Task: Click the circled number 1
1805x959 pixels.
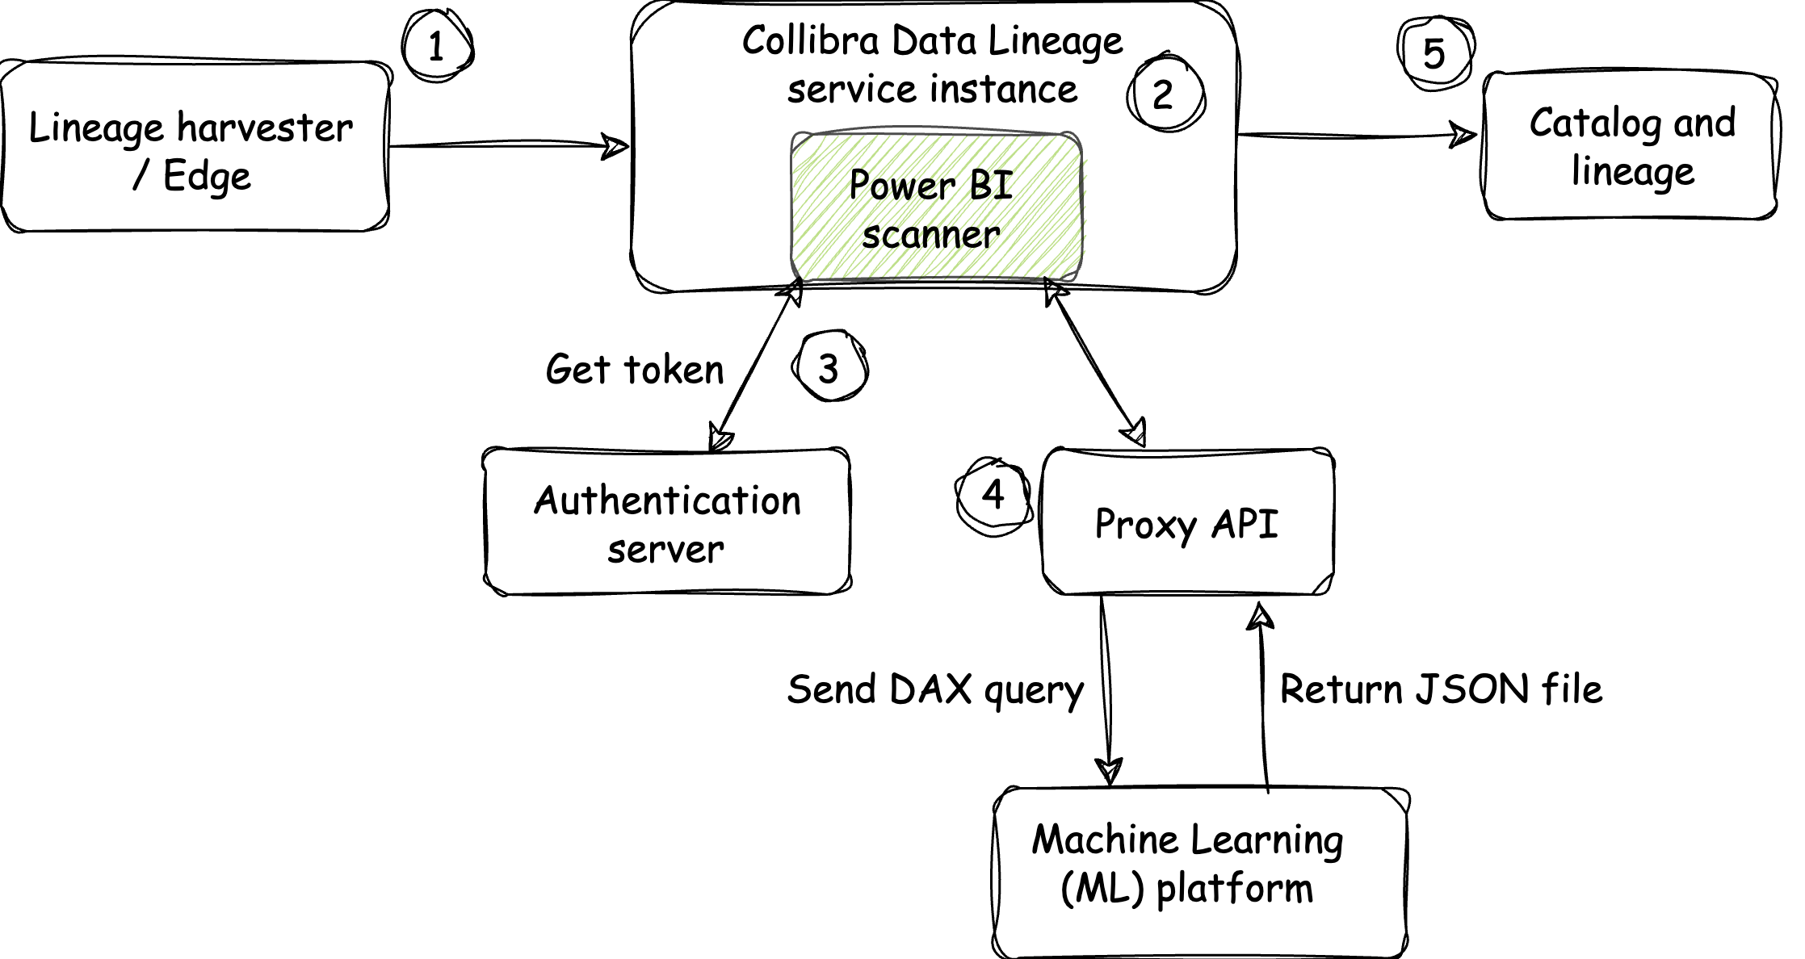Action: tap(436, 47)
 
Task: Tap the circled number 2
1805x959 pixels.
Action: tap(1164, 94)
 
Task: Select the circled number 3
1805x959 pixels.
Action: tap(829, 368)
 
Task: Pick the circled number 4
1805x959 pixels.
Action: tap(993, 493)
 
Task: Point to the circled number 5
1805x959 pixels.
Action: tap(1434, 53)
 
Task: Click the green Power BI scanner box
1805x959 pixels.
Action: tap(935, 208)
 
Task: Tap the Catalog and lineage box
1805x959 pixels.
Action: tap(1630, 147)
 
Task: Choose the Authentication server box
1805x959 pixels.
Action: tap(668, 521)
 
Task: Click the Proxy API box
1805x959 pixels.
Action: tap(1187, 523)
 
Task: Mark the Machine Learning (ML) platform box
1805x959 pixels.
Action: tap(1200, 873)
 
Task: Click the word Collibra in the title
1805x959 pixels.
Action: tap(810, 40)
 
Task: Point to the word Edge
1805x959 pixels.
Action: tap(207, 177)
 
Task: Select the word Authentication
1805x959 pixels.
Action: tap(667, 500)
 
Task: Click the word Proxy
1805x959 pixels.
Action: tap(1145, 525)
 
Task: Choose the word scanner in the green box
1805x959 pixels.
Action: tap(930, 235)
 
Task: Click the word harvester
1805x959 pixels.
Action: tap(265, 128)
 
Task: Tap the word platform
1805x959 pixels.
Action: tap(1235, 889)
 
